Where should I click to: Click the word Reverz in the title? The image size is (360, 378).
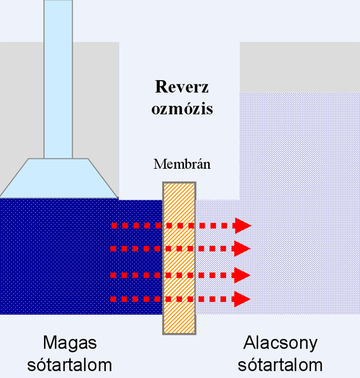tap(182, 86)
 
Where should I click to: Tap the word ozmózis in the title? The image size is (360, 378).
tap(182, 109)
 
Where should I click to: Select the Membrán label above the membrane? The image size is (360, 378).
tap(182, 164)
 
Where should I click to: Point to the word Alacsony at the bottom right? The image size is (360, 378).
tap(280, 344)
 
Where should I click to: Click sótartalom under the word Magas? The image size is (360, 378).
tap(69, 365)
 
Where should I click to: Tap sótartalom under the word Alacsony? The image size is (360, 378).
tap(280, 365)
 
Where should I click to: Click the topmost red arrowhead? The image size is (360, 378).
tap(243, 226)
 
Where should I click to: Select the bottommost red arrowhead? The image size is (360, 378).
tap(242, 299)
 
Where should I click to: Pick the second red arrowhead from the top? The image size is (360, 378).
tap(242, 249)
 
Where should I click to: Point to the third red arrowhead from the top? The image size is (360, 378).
tap(242, 275)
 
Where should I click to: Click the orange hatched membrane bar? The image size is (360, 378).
tap(179, 258)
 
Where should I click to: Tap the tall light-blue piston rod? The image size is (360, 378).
tap(59, 79)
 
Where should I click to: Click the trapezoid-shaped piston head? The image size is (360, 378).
tap(59, 178)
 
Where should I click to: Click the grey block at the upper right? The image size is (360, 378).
tap(300, 67)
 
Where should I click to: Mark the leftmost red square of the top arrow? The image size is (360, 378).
tap(114, 226)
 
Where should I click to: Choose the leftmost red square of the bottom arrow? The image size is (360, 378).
tap(113, 299)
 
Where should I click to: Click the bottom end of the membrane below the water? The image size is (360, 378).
tap(179, 334)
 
